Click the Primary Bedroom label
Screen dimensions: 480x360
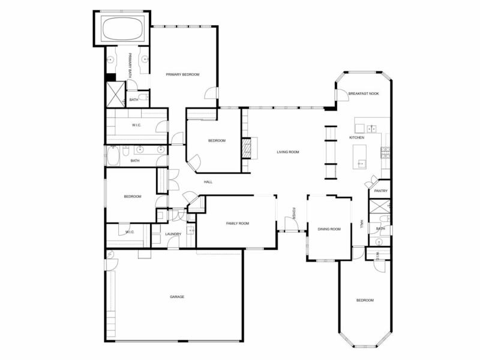coord(182,74)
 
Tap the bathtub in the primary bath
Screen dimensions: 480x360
coord(122,28)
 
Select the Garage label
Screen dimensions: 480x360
coord(177,296)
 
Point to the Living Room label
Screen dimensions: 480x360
coord(288,152)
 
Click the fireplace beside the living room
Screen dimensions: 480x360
coord(246,148)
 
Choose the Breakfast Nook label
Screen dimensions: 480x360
coord(364,94)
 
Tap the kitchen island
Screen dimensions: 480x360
coord(359,157)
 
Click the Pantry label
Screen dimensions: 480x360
coord(381,191)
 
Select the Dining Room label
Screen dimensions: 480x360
coord(329,229)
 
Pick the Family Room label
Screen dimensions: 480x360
coord(238,223)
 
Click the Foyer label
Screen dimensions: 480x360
coord(293,214)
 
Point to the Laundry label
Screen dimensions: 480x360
coord(173,234)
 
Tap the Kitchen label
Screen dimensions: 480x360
coord(356,138)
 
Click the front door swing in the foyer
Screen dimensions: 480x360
coord(291,223)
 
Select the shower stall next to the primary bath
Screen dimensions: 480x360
coord(115,94)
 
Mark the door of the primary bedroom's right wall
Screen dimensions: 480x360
coord(211,93)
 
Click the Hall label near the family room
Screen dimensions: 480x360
coord(208,182)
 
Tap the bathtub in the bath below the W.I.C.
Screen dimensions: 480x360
coord(113,155)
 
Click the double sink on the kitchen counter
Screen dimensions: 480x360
coord(371,129)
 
